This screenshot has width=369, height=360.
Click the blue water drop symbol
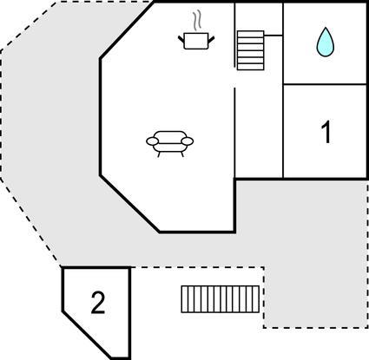pyautogui.click(x=326, y=43)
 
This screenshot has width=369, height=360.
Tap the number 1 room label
pyautogui.click(x=326, y=132)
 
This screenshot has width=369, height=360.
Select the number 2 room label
pyautogui.click(x=98, y=303)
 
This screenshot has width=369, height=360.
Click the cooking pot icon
pyautogui.click(x=196, y=41)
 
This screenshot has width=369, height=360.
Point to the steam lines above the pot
pyautogui.click(x=197, y=21)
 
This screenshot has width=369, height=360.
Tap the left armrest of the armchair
pyautogui.click(x=152, y=141)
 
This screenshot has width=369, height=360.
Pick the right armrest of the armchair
pyautogui.click(x=188, y=141)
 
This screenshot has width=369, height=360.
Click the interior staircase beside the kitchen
pyautogui.click(x=251, y=50)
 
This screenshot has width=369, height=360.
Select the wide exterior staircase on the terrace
pyautogui.click(x=221, y=299)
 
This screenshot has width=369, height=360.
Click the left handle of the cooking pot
pyautogui.click(x=181, y=39)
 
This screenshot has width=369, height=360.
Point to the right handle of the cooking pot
pyautogui.click(x=211, y=39)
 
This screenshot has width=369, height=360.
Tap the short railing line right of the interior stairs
pyautogui.click(x=273, y=36)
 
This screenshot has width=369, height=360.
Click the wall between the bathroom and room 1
pyautogui.click(x=325, y=84)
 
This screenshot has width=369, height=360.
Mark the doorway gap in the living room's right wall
pyautogui.click(x=234, y=78)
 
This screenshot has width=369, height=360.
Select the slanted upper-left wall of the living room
pyautogui.click(x=128, y=30)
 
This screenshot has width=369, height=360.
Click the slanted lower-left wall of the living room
pyautogui.click(x=129, y=204)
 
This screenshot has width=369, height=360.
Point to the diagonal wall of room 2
pyautogui.click(x=87, y=335)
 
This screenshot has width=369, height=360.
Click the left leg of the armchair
pyautogui.click(x=159, y=154)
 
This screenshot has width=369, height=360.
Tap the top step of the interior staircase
pyautogui.click(x=251, y=34)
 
